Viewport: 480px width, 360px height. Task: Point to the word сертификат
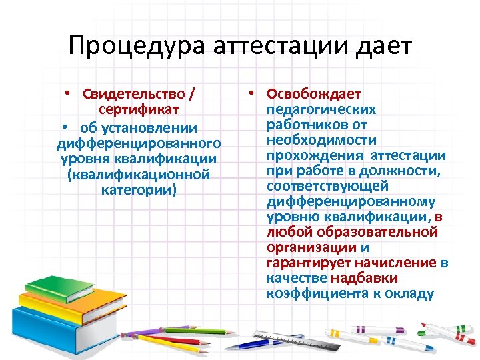click(138, 109)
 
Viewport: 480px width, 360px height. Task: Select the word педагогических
click(321, 109)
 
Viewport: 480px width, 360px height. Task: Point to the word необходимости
click(321, 140)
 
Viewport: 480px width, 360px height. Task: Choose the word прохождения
click(313, 155)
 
